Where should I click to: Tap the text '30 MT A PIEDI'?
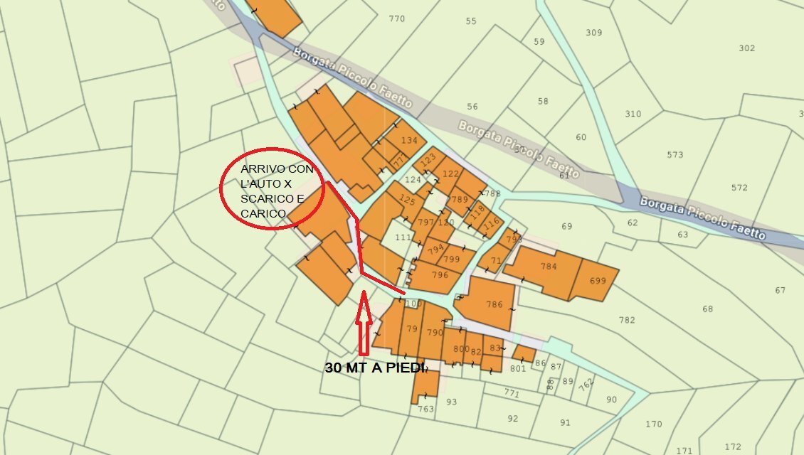374,368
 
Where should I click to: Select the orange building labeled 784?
548,267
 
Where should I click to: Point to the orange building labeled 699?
598,281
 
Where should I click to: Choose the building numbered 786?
494,304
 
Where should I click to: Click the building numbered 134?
409,141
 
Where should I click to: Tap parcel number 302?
746,48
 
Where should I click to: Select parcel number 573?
675,155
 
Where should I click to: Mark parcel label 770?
396,19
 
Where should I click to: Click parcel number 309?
593,33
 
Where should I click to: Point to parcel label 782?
627,320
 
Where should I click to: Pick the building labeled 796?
440,274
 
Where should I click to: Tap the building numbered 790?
434,332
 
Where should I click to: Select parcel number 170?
654,424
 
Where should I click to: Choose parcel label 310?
633,114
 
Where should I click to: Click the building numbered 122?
451,173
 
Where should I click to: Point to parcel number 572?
739,188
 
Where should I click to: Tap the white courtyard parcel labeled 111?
403,237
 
